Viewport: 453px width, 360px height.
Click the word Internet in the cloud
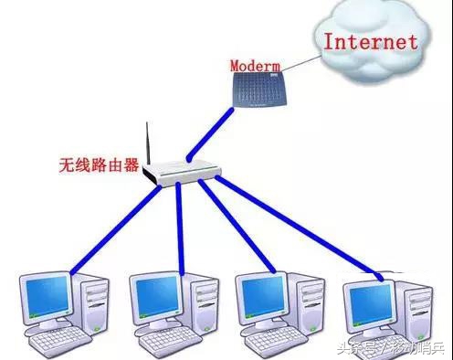coord(371,42)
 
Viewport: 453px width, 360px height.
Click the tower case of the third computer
coord(309,302)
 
